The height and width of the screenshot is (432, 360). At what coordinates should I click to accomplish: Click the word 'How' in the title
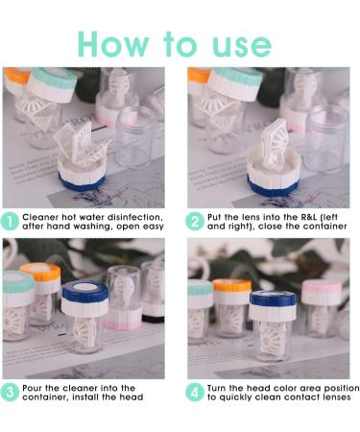tap(114, 44)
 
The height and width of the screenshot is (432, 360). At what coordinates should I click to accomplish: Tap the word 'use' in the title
tap(242, 47)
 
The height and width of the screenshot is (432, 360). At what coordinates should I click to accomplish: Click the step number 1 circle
tap(10, 222)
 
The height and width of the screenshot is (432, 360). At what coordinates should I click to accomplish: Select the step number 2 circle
tap(195, 222)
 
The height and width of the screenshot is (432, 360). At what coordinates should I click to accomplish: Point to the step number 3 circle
tap(10, 393)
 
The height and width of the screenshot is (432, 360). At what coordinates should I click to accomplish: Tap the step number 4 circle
tap(195, 393)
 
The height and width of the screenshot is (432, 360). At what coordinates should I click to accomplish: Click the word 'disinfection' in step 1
tap(135, 217)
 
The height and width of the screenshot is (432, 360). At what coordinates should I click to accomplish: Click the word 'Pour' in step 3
tap(32, 388)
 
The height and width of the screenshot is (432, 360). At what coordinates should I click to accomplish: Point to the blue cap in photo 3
tap(84, 291)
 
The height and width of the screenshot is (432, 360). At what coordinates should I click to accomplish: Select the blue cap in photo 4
tap(273, 299)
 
